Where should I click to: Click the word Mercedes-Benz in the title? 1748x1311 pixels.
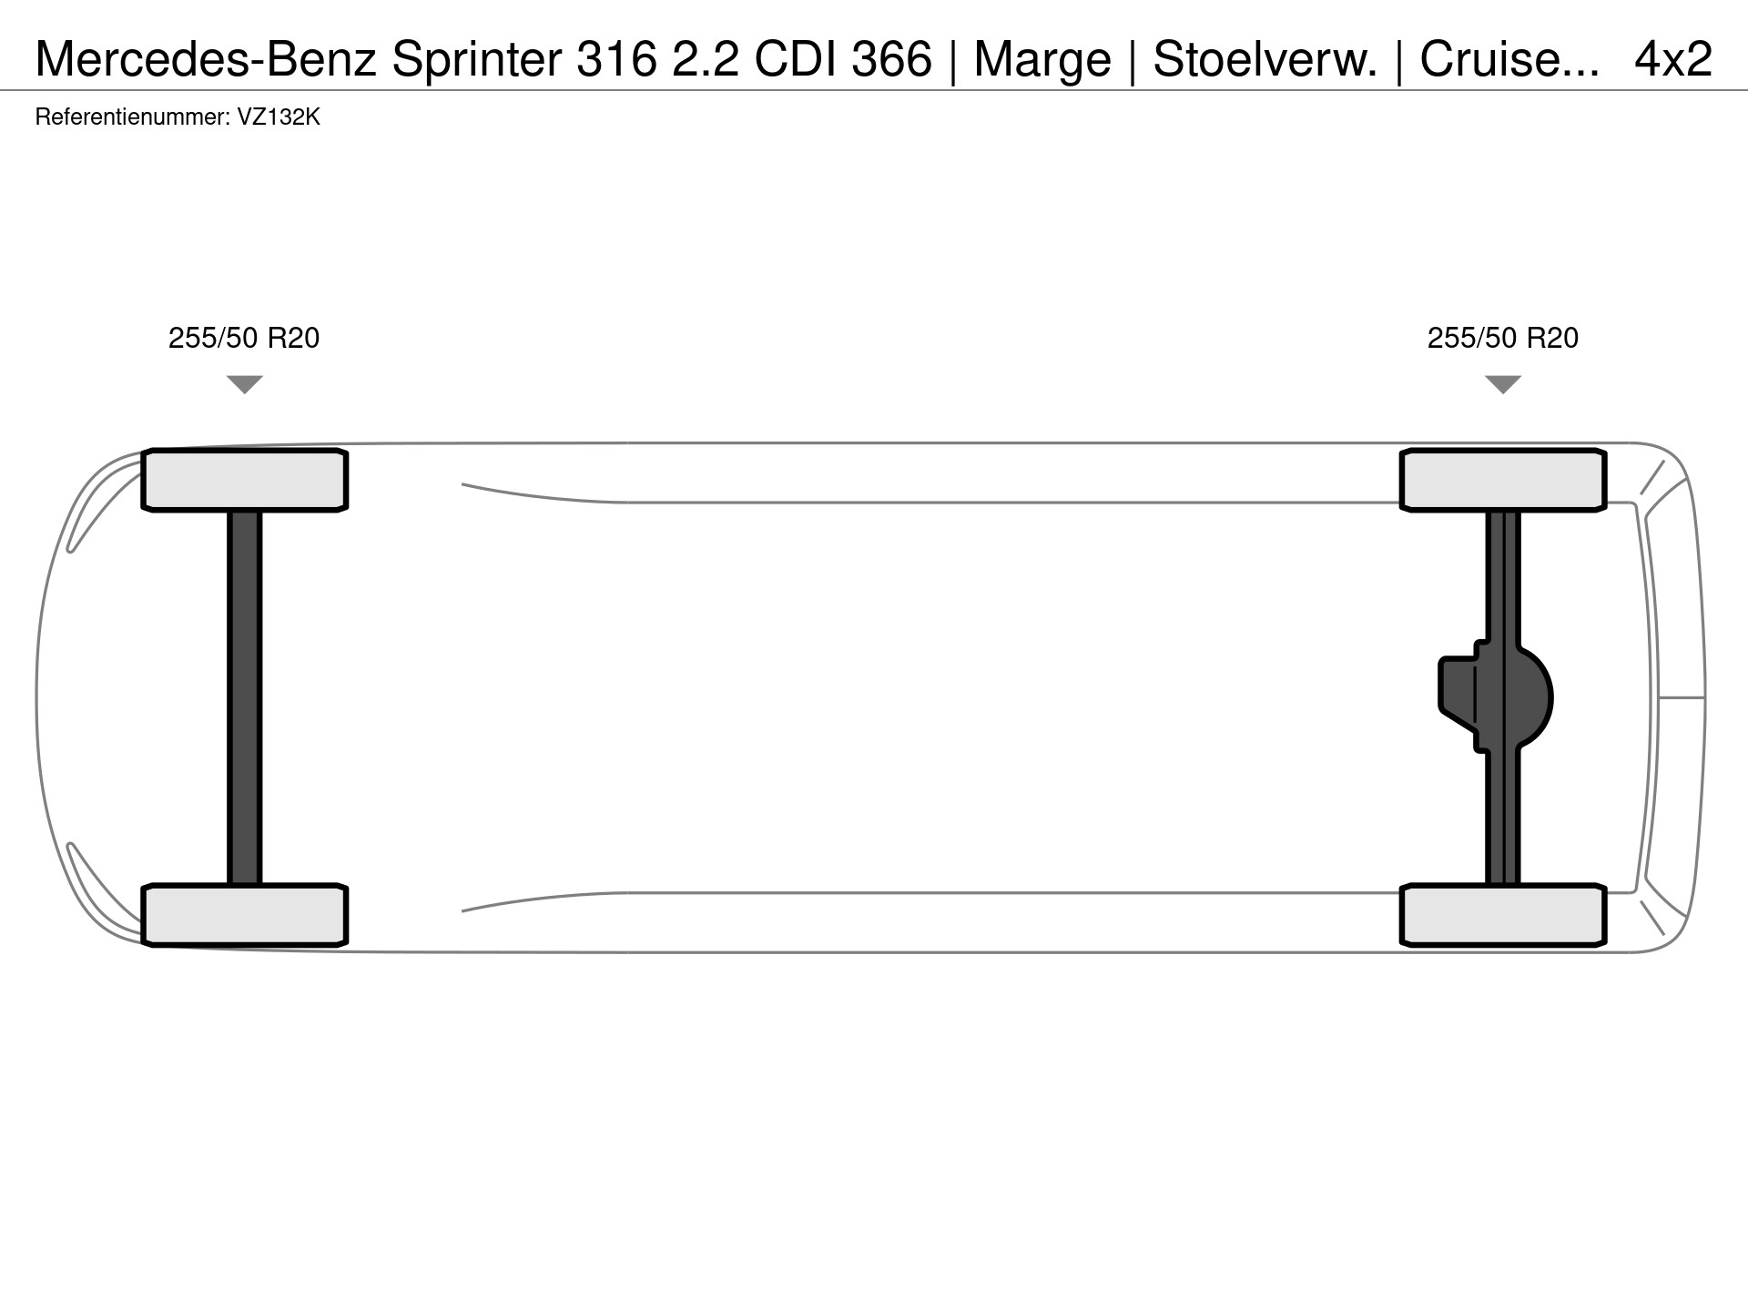point(207,59)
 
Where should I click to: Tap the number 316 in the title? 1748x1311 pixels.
point(616,59)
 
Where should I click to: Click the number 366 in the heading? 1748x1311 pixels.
point(892,59)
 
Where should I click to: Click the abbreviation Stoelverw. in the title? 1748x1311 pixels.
point(1265,59)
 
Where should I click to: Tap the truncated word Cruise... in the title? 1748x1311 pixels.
point(1509,59)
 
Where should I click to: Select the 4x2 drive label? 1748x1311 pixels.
point(1673,59)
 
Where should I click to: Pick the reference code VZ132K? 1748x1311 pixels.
point(279,117)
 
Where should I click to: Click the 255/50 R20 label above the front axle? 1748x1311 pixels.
point(244,338)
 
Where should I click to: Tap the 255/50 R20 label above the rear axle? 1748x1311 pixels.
point(1503,338)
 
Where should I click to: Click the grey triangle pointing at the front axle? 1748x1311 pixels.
point(245,384)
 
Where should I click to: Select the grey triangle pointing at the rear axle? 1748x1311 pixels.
point(1503,384)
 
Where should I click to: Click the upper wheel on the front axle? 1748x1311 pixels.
point(245,480)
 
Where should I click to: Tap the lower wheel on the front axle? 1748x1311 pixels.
point(245,915)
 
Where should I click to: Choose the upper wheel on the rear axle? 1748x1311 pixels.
point(1503,480)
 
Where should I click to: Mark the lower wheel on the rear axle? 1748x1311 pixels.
point(1503,915)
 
